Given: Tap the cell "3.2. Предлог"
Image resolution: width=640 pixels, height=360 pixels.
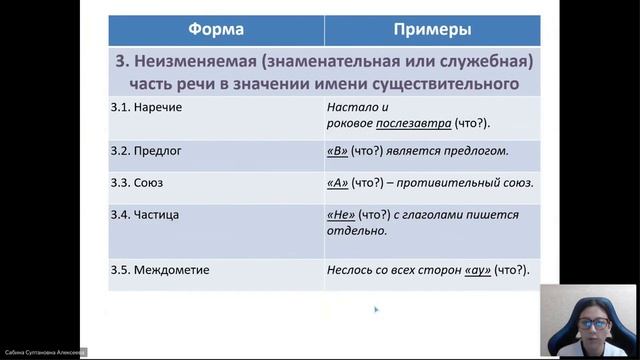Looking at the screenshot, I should point(147,151).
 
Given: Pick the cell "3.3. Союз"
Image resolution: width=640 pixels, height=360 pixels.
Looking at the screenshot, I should point(140,183).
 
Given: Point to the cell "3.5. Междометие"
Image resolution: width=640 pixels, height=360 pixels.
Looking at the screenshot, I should point(160,269).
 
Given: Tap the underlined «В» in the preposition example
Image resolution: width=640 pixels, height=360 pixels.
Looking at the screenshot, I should point(337,151).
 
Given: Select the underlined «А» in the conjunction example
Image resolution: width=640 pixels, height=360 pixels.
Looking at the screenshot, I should point(337,183).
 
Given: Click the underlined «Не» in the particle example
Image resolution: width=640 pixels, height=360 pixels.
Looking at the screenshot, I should point(340,214).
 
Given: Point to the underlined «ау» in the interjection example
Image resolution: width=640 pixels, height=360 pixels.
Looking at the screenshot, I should point(478,269).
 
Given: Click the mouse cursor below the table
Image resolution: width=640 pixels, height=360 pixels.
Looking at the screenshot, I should point(375,310).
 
